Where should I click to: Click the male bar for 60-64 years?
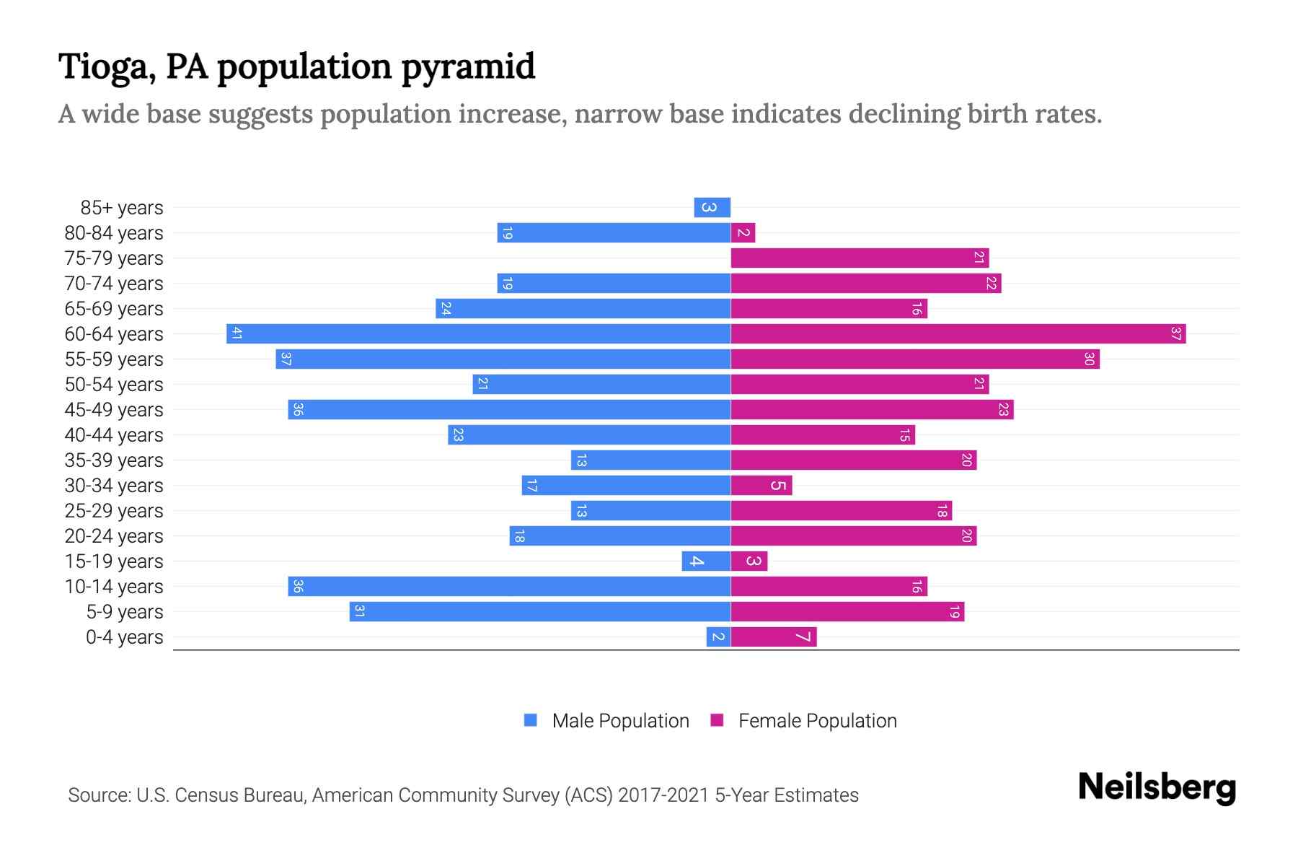479,333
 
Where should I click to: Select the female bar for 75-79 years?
860,258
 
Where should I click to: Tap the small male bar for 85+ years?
712,207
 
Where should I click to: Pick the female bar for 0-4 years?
773,637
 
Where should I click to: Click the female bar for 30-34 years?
761,485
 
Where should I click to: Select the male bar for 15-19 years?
706,561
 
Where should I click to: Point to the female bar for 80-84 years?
743,232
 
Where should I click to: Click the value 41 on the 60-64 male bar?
237,333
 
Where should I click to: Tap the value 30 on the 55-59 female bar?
1089,359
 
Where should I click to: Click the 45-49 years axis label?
114,409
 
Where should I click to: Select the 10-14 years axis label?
114,586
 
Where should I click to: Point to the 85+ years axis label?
122,207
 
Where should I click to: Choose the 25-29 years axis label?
114,510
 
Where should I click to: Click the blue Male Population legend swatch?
531,720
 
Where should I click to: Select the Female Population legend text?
817,720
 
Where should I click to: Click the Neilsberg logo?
1157,787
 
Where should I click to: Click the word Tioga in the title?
107,66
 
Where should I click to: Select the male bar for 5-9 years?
540,611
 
